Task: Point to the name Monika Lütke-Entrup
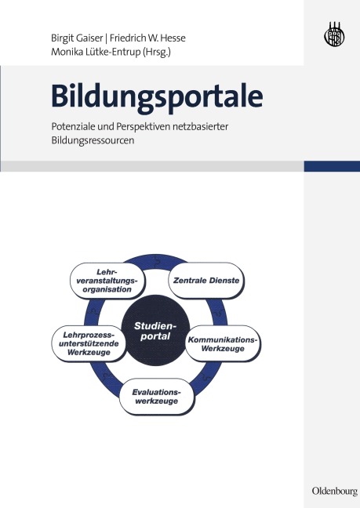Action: coord(99,53)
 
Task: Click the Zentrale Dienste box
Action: coord(205,279)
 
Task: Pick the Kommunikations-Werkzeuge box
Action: coord(223,343)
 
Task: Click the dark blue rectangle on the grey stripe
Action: coord(331,166)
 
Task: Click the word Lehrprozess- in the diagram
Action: coord(82,335)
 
